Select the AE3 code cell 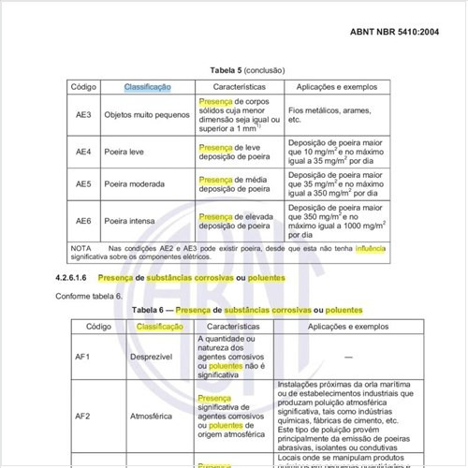pyautogui.click(x=83, y=115)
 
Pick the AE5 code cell pyautogui.click(x=83, y=185)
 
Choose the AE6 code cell pyautogui.click(x=83, y=221)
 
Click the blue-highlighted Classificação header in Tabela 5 pyautogui.click(x=147, y=87)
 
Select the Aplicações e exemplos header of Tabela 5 pyautogui.click(x=337, y=87)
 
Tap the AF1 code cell pyautogui.click(x=82, y=357)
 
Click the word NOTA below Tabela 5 pyautogui.click(x=81, y=247)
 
